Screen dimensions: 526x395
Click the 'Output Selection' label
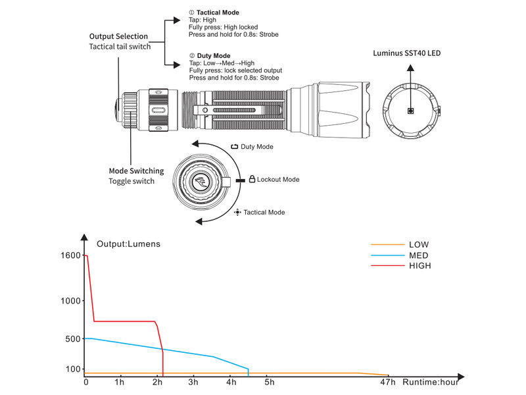(118, 36)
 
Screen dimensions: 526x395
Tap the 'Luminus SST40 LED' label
(406, 53)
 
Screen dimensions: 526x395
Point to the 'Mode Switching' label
(136, 171)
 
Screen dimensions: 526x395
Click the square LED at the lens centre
(410, 111)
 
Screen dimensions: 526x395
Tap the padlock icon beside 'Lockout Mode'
(252, 179)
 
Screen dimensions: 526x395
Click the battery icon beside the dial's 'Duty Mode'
(235, 147)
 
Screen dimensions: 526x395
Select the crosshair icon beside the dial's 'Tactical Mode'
(237, 212)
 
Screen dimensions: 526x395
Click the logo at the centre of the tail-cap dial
(201, 182)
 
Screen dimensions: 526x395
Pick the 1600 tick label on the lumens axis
(70, 255)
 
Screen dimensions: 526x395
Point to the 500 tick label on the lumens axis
(73, 339)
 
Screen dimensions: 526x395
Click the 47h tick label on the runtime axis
(388, 382)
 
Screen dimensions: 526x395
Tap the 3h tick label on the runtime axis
(193, 382)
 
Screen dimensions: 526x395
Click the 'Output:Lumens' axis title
(128, 244)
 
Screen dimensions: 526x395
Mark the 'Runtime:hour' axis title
(431, 382)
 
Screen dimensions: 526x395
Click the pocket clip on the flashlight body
(238, 110)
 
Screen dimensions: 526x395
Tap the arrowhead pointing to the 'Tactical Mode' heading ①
(177, 20)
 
